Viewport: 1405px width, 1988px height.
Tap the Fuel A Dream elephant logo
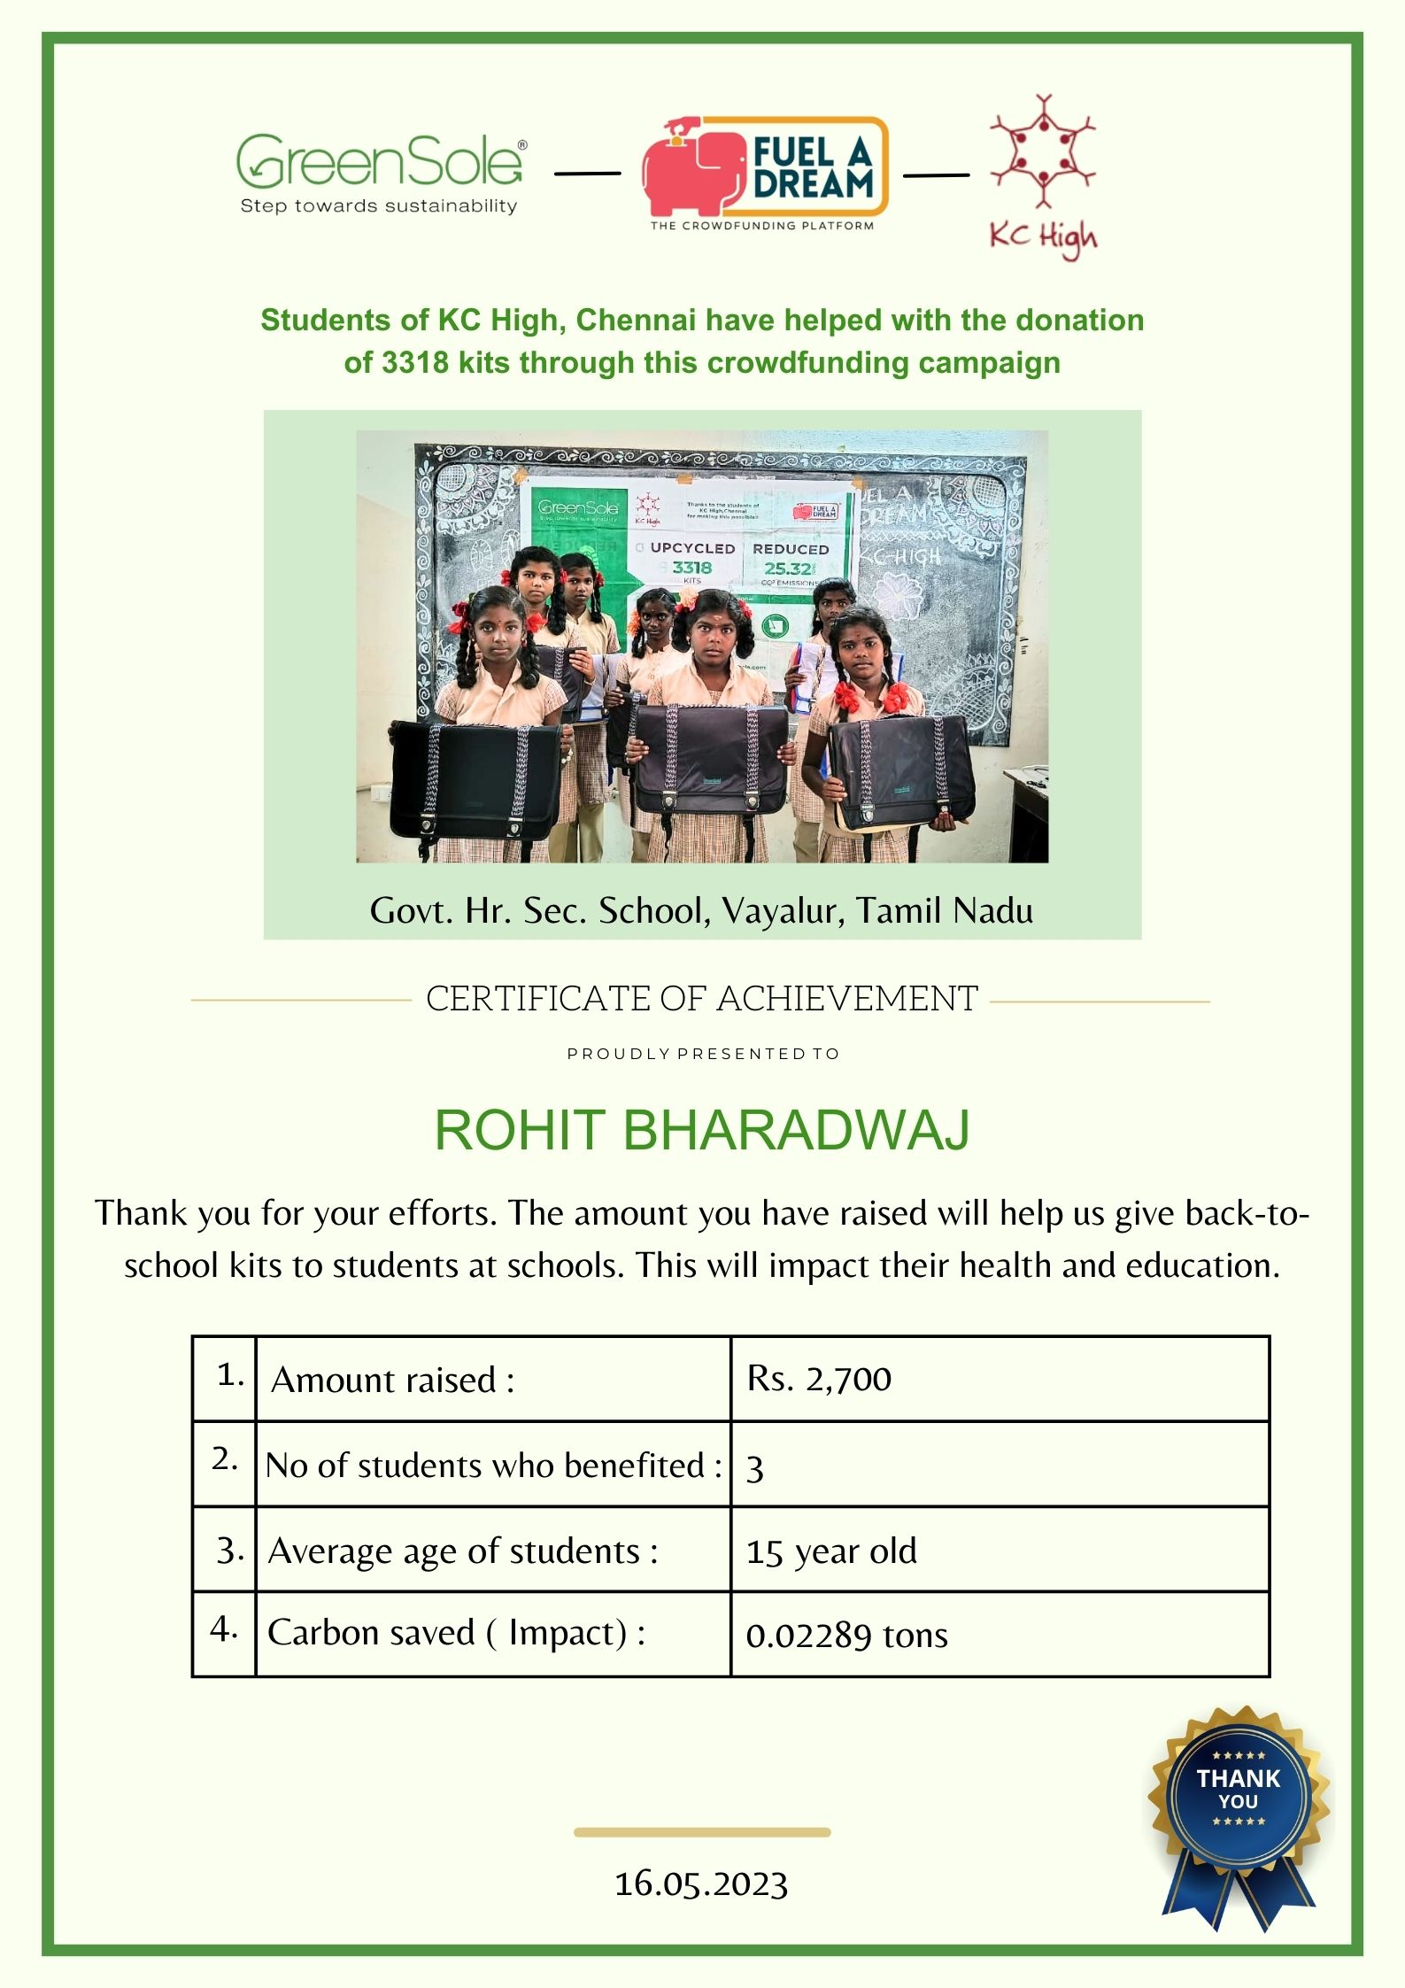765,168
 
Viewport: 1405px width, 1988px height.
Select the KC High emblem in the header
1042,177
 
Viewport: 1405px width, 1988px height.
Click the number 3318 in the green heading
415,363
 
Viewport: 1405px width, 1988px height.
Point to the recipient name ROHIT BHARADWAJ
702,1130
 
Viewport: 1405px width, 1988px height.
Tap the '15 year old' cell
831,1551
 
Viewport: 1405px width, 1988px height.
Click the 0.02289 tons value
846,1635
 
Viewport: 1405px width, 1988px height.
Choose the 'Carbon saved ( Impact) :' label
456,1632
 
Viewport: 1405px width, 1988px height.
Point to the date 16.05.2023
701,1884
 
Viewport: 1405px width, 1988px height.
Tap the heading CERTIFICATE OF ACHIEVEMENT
701,999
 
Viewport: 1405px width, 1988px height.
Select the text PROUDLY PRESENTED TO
702,1054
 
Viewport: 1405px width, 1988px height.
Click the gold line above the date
701,1832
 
